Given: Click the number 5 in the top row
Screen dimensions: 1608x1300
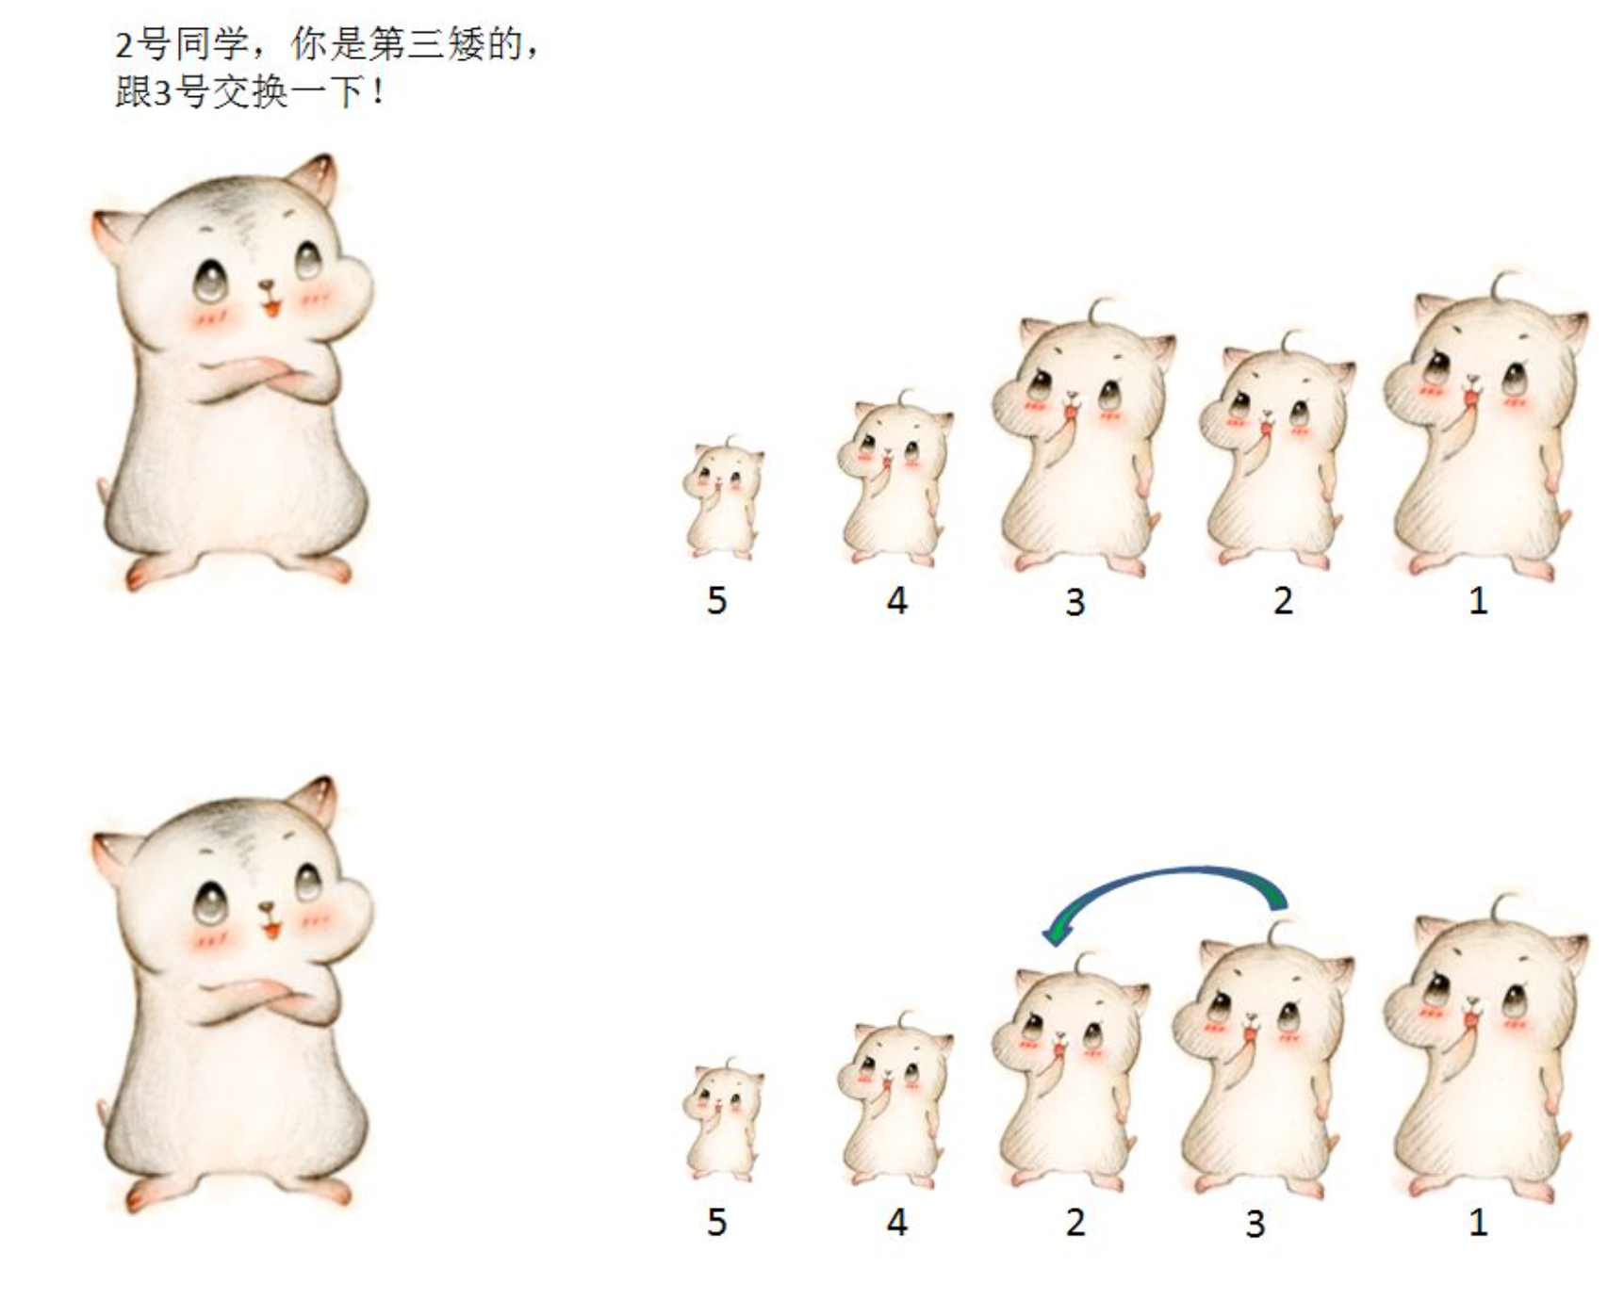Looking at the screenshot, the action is (x=716, y=600).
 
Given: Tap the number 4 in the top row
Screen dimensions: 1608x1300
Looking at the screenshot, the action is (x=896, y=600).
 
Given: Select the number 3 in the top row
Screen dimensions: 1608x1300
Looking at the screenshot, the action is (x=1075, y=602).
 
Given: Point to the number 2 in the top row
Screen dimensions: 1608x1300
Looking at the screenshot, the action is (x=1283, y=600).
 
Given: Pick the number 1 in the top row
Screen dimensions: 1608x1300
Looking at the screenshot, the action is (x=1478, y=600).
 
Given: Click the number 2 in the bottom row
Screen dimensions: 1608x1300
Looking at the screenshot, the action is (x=1075, y=1222).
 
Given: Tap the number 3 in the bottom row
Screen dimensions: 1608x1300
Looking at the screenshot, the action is (x=1255, y=1224).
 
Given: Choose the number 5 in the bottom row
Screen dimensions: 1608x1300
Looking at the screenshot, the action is (x=716, y=1222).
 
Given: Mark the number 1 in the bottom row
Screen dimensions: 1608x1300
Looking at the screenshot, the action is (x=1478, y=1222).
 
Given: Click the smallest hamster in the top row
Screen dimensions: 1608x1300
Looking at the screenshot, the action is (x=723, y=499).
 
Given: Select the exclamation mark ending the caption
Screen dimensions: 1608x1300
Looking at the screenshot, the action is (x=378, y=93).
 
